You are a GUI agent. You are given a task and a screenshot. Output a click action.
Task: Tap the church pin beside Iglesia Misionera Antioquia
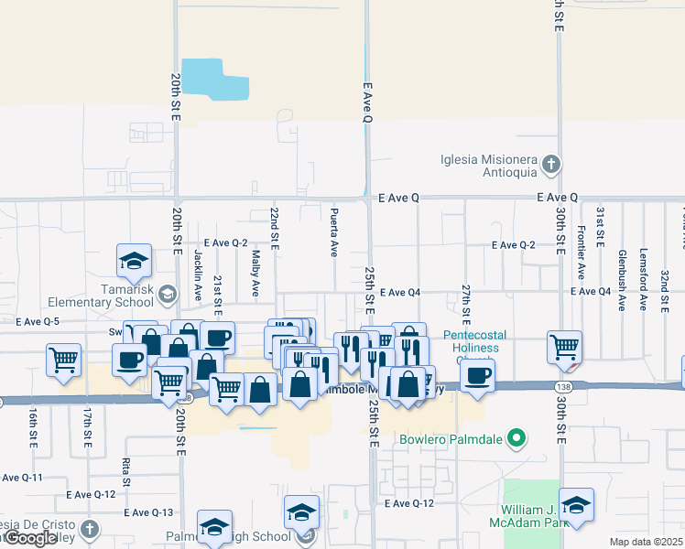[x=550, y=165]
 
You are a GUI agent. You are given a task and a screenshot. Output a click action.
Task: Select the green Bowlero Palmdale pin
[x=516, y=439]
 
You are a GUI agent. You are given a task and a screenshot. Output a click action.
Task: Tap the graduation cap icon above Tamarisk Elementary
[x=134, y=260]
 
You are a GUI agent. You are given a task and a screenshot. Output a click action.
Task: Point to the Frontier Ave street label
[x=581, y=255]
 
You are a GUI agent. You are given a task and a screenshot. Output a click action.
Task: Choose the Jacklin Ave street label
[x=198, y=275]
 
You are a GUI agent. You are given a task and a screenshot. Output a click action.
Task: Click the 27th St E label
[x=465, y=305]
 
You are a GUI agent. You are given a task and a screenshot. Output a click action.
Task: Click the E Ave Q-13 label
[x=143, y=512]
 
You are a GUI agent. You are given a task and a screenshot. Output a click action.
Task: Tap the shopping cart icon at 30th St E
[x=564, y=347]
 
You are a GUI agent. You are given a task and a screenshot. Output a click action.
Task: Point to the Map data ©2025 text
[x=646, y=542]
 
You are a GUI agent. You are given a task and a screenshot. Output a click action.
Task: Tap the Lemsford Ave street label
[x=644, y=266]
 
